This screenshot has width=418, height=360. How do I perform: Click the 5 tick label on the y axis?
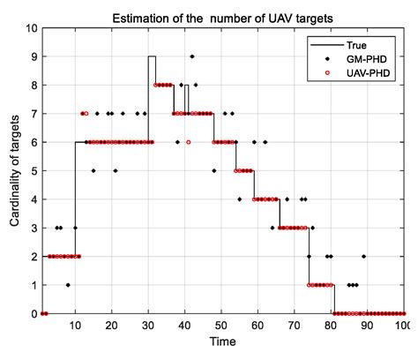[x=30, y=171]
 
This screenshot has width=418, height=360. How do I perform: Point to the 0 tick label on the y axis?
[x=30, y=314]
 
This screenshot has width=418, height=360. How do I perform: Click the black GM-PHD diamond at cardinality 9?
[x=191, y=56]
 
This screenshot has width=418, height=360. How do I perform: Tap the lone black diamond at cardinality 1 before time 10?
[x=68, y=285]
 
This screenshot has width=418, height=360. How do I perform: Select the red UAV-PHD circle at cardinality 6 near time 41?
[x=188, y=142]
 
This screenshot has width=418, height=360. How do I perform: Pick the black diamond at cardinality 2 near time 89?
[x=363, y=257]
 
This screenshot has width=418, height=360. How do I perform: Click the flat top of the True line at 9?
[x=152, y=56]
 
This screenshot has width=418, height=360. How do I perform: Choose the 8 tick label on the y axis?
[x=30, y=86]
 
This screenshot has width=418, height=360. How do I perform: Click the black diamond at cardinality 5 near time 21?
[x=115, y=171]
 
